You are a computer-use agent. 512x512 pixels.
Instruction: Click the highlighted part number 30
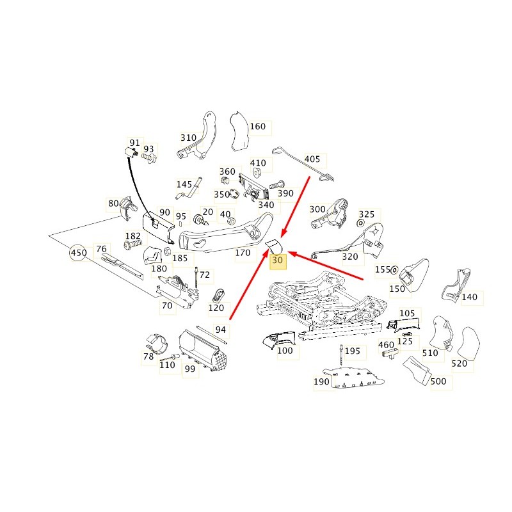(277, 260)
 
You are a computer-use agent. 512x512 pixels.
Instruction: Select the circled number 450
(79, 253)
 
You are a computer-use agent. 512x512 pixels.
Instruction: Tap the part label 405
(312, 159)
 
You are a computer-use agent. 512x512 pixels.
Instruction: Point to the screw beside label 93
(149, 157)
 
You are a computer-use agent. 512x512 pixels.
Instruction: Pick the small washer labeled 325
(361, 223)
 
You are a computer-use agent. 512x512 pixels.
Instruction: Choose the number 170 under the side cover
(243, 252)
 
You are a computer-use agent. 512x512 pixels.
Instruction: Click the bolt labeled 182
(133, 244)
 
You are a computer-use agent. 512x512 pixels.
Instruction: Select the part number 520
(459, 364)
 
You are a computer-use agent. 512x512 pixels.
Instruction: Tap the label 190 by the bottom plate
(321, 381)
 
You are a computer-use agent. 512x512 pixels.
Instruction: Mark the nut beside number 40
(230, 221)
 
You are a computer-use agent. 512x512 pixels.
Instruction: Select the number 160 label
(258, 126)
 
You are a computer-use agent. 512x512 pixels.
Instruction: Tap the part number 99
(189, 369)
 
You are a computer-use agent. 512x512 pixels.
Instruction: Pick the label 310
(188, 138)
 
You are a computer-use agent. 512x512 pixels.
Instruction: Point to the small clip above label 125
(406, 334)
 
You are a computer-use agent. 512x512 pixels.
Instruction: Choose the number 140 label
(469, 297)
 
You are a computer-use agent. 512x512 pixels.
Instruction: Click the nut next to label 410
(256, 173)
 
